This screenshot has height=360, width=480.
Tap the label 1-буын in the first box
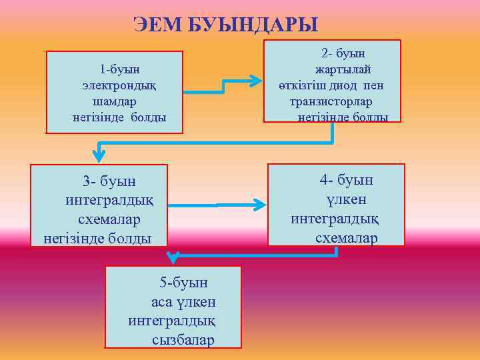click(x=123, y=69)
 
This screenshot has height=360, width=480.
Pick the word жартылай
click(x=343, y=69)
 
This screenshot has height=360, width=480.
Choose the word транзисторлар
click(x=331, y=102)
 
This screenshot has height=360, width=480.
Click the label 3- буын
click(x=109, y=181)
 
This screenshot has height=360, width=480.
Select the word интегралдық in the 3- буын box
click(x=109, y=200)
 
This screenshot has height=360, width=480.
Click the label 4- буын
click(x=346, y=180)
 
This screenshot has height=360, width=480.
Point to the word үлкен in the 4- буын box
click(x=346, y=199)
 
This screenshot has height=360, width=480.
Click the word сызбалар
click(x=183, y=340)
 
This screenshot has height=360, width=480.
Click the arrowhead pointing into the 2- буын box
click(x=256, y=81)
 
